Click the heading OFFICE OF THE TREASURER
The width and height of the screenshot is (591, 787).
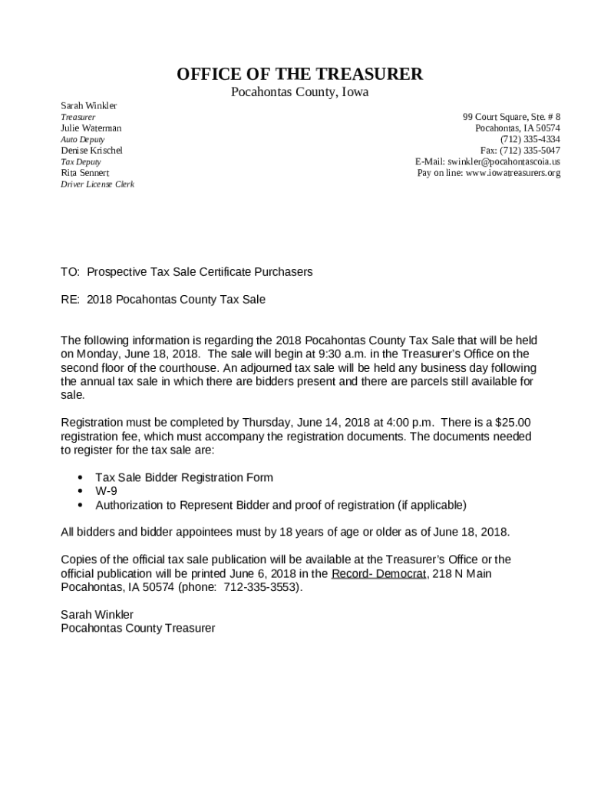pos(299,75)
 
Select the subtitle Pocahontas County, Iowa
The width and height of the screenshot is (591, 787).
pos(300,93)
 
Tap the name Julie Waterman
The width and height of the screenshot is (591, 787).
pos(91,128)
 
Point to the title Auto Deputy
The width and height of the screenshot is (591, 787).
pos(82,139)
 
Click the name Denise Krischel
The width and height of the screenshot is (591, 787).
pos(91,151)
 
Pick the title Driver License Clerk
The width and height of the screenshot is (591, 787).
pos(97,184)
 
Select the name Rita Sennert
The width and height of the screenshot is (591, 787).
pos(85,173)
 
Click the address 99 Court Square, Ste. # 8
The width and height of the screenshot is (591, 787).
pos(511,117)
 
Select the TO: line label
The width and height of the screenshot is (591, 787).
pos(70,272)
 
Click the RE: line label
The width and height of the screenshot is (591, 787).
pos(70,300)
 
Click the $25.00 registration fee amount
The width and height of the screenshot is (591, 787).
pos(513,423)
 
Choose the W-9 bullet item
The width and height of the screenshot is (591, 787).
pos(106,491)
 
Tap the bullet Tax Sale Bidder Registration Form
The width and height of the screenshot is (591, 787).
pos(184,477)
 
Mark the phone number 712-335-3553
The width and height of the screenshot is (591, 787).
pos(262,588)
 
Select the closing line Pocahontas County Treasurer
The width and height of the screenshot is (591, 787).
pos(138,629)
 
